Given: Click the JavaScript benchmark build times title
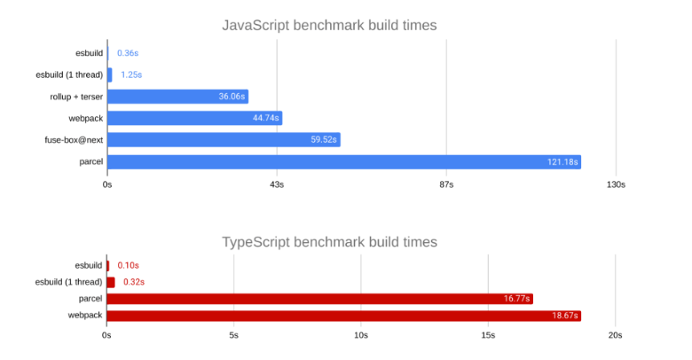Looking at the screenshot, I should pyautogui.click(x=329, y=25).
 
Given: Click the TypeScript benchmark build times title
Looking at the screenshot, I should pyautogui.click(x=329, y=242).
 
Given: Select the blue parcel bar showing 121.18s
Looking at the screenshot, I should pyautogui.click(x=343, y=162).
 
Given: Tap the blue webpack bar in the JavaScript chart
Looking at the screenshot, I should pyautogui.click(x=194, y=118).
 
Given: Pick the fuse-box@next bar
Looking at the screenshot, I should pyautogui.click(x=224, y=140).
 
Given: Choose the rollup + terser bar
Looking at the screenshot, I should pyautogui.click(x=177, y=97).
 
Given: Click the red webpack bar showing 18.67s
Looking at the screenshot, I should pyautogui.click(x=343, y=316).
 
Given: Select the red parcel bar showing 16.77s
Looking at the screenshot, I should pyautogui.click(x=319, y=299).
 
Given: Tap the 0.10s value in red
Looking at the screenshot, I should pyautogui.click(x=128, y=265).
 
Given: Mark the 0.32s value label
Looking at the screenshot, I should pyautogui.click(x=133, y=282).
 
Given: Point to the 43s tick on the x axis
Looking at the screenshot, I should pyautogui.click(x=276, y=184).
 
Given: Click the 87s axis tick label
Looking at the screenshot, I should pyautogui.click(x=446, y=184).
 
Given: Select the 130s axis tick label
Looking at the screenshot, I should pyautogui.click(x=615, y=184).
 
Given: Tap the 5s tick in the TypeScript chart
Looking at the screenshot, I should pyautogui.click(x=233, y=335).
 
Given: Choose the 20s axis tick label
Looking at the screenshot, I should pyautogui.click(x=615, y=335).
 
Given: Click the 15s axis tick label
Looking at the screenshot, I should pyautogui.click(x=488, y=335).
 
